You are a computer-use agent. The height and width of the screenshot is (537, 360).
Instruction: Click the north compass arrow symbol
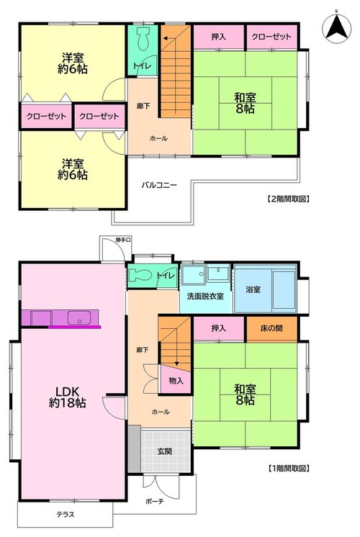(337, 27)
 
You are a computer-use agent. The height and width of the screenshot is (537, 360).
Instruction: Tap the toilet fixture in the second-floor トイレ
(143, 39)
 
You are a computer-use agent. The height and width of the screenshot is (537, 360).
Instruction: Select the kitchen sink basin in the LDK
(79, 317)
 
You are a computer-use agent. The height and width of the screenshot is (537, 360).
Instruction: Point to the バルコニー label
(159, 185)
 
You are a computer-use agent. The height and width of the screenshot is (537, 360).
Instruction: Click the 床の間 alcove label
(271, 328)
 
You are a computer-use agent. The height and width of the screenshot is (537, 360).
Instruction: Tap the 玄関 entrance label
(165, 451)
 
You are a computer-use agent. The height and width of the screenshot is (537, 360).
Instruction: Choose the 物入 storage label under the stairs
(176, 381)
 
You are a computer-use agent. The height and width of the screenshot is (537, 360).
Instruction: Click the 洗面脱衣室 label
(205, 297)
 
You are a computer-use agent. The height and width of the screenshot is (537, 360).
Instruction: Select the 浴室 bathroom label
(253, 289)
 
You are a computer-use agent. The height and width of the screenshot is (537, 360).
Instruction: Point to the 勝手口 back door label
(123, 240)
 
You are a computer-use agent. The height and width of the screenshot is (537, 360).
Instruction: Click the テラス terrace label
(66, 515)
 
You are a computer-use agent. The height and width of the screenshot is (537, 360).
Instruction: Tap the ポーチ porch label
(155, 502)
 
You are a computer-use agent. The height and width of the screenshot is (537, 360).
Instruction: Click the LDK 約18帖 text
(68, 397)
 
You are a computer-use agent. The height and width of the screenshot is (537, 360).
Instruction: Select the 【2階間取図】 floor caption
(288, 199)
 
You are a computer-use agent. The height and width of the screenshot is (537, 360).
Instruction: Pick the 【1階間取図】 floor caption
(288, 468)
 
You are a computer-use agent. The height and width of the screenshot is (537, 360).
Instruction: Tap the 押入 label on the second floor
(219, 37)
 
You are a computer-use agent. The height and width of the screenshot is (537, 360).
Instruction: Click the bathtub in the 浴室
(284, 289)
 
